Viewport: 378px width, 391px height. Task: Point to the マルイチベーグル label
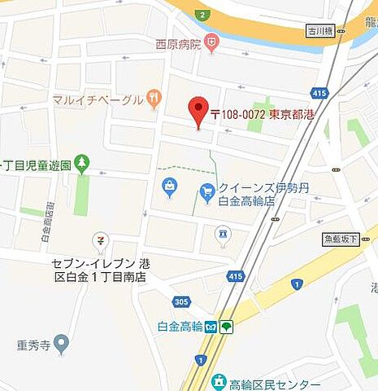pos(97,100)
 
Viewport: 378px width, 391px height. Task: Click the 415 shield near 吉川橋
pos(319,94)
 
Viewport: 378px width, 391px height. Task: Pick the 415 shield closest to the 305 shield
pos(236,277)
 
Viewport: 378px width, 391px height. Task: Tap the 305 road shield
pos(181,301)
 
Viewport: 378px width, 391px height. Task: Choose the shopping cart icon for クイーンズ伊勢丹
pos(206,190)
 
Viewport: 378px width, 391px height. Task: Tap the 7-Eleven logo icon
pos(99,240)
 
